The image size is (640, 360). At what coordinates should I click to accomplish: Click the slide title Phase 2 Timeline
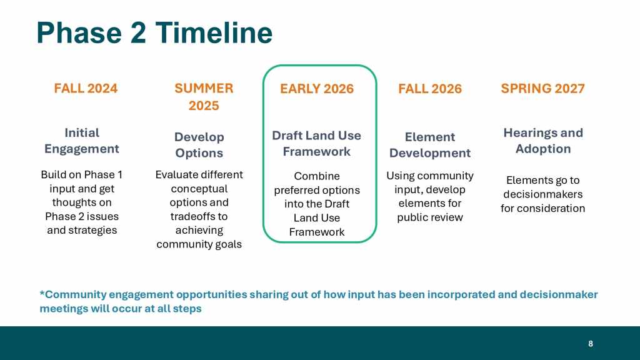154,32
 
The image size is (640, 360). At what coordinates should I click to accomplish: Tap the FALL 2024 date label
86,89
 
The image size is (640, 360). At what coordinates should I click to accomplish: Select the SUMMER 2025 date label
204,97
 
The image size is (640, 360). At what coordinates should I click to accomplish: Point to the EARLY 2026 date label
317,89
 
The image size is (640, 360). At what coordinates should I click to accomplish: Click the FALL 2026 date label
430,89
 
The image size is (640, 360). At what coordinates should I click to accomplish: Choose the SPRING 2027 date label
543,89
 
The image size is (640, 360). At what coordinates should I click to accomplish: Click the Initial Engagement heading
82,141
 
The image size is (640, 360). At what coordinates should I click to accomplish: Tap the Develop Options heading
199,145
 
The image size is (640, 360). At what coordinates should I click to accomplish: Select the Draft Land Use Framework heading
317,143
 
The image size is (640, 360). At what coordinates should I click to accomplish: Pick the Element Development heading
430,145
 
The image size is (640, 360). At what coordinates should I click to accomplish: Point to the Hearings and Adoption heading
543,141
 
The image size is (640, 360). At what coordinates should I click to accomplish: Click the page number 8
590,344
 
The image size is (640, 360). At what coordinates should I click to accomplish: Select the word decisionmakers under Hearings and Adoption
543,194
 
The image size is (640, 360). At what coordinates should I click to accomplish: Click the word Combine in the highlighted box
317,176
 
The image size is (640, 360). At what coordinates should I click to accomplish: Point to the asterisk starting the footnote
42,293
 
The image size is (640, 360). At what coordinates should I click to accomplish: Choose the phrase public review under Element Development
430,217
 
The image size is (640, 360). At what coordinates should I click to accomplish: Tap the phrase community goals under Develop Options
199,244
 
